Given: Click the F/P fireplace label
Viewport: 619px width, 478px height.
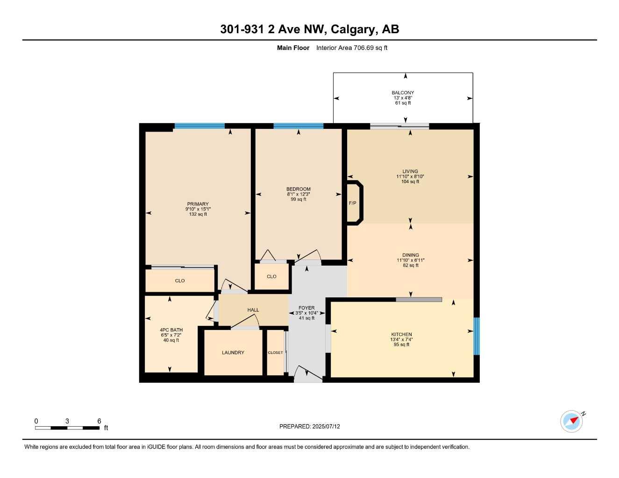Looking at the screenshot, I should point(352,203).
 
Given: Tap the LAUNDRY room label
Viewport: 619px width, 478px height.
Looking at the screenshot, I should point(233,353).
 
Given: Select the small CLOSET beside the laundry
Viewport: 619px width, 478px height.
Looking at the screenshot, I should point(275,352).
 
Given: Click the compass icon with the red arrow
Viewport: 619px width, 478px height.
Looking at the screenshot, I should point(572,421).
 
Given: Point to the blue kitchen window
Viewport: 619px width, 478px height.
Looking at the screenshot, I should point(477,336).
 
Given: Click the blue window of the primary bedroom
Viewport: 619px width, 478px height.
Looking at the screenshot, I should point(199,126).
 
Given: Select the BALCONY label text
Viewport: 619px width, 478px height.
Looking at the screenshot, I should point(403,92).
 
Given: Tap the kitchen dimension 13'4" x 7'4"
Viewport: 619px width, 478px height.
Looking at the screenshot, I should point(401,339).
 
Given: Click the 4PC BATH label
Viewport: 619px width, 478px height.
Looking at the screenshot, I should point(171,330).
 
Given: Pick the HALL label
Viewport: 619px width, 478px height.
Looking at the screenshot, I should point(253,310).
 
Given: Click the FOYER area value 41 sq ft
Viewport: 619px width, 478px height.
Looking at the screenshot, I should point(307,318).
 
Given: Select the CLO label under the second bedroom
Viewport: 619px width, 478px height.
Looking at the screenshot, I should point(271,276).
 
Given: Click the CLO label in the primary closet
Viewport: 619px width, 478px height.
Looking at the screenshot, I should point(180,281).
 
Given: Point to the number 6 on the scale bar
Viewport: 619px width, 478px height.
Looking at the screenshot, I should point(99,421).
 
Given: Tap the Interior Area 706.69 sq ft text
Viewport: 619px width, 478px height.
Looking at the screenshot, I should point(351,48).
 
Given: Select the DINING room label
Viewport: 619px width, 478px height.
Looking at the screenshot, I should point(411,255).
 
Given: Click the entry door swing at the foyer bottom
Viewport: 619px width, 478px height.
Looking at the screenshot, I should point(307,373).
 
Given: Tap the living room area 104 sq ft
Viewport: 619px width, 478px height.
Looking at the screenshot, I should point(410,182).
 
